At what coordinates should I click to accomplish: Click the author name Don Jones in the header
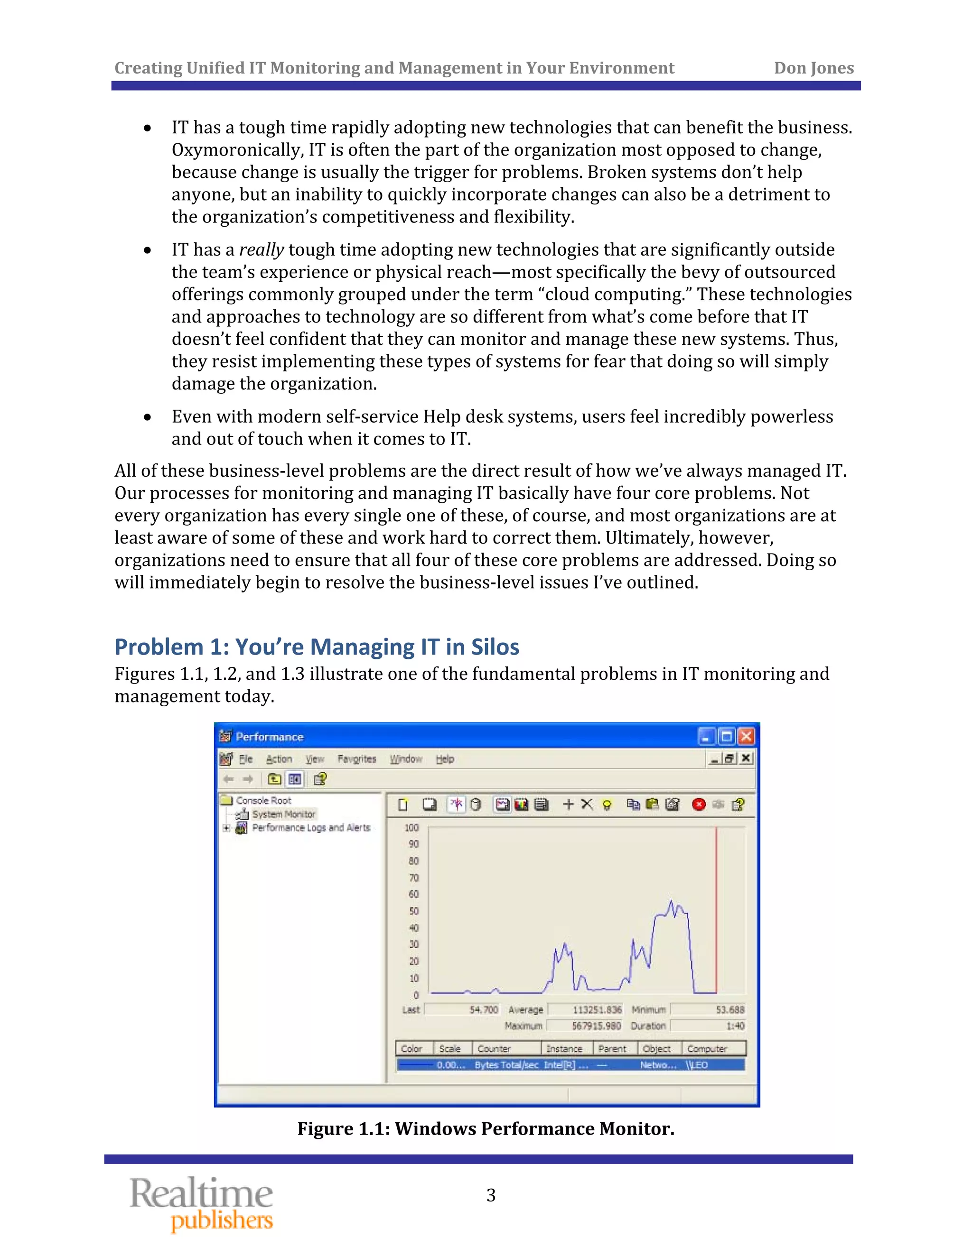pyautogui.click(x=813, y=68)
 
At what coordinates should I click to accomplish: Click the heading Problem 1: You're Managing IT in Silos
pyautogui.click(x=317, y=647)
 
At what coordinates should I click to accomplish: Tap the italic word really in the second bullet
pyautogui.click(x=262, y=250)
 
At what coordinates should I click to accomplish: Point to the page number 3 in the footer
pyautogui.click(x=491, y=1195)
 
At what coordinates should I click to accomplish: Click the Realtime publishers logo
pyautogui.click(x=202, y=1203)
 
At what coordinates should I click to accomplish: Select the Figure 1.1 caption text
pyautogui.click(x=486, y=1128)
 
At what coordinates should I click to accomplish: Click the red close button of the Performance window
pyautogui.click(x=746, y=736)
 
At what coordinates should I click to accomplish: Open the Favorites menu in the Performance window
pyautogui.click(x=356, y=759)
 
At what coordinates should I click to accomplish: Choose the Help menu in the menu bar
pyautogui.click(x=445, y=759)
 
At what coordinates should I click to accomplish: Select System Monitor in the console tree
pyautogui.click(x=283, y=814)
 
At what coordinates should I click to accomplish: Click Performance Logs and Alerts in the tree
pyautogui.click(x=311, y=828)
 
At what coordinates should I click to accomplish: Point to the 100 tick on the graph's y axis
pyautogui.click(x=411, y=828)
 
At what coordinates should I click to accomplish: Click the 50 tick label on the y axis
pyautogui.click(x=413, y=911)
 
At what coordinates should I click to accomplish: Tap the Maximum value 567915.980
pyautogui.click(x=596, y=1026)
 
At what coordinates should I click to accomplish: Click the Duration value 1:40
pyautogui.click(x=735, y=1026)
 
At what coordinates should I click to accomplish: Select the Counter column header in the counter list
pyautogui.click(x=494, y=1049)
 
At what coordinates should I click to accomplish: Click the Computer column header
pyautogui.click(x=707, y=1049)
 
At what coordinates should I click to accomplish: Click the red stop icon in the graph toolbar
pyautogui.click(x=699, y=804)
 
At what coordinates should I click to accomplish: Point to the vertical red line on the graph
pyautogui.click(x=716, y=909)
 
